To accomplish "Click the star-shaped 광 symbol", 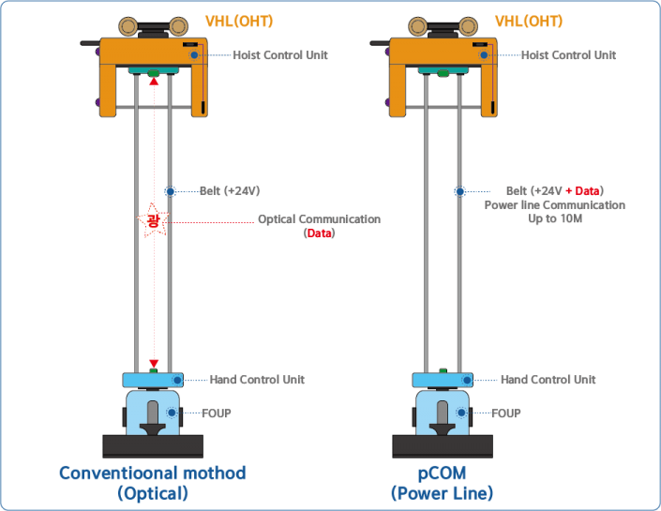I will (x=151, y=221).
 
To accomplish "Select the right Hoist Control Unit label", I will (x=569, y=56).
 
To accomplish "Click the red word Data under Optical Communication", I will (x=319, y=233).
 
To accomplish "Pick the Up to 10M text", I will (x=552, y=218).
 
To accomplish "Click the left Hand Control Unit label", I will (x=257, y=380).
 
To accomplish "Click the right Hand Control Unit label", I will (x=548, y=380).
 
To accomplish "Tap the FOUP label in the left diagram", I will (x=217, y=413).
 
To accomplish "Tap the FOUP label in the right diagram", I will (x=507, y=413).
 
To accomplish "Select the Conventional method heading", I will (x=153, y=473).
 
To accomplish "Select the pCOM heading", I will (x=442, y=473).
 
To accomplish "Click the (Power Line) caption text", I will (x=442, y=493).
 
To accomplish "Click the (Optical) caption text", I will (x=153, y=493).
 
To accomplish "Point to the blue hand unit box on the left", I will (x=152, y=380).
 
